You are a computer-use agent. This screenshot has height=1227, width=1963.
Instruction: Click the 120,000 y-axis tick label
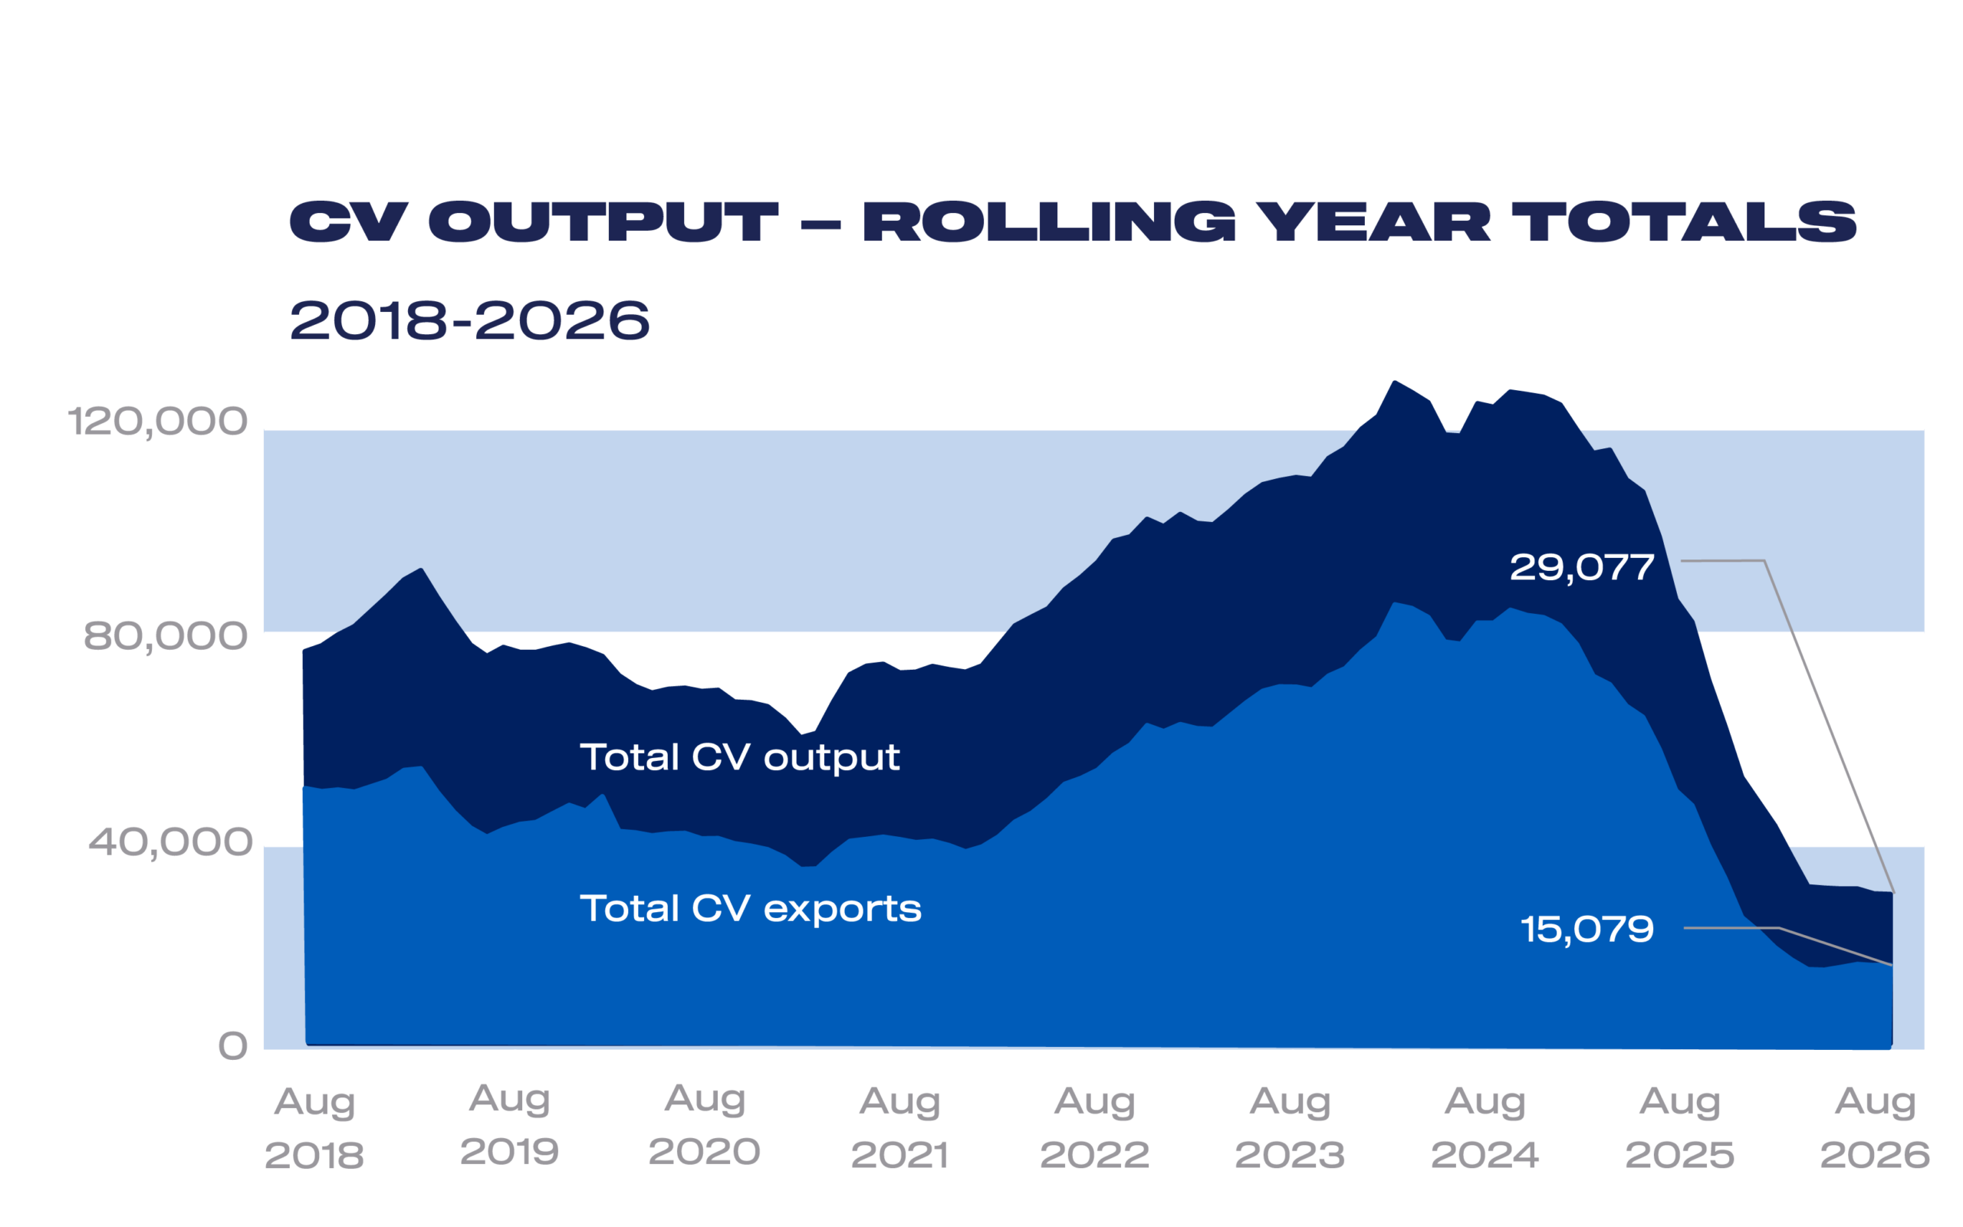[157, 422]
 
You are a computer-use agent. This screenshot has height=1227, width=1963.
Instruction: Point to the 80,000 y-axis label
[166, 636]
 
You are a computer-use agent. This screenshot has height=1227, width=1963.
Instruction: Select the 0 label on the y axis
[233, 1047]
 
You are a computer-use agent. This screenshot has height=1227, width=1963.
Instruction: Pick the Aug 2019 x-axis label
[510, 1127]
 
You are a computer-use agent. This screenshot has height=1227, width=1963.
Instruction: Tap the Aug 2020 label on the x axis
[705, 1127]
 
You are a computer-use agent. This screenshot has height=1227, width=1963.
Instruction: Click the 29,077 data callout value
[1581, 568]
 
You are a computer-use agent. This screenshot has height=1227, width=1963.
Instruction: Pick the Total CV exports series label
[751, 909]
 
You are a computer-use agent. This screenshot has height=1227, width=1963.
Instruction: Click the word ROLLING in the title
[1049, 221]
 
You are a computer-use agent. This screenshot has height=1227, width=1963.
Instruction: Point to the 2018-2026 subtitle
[469, 320]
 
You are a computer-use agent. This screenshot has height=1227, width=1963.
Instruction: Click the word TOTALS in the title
[1684, 221]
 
